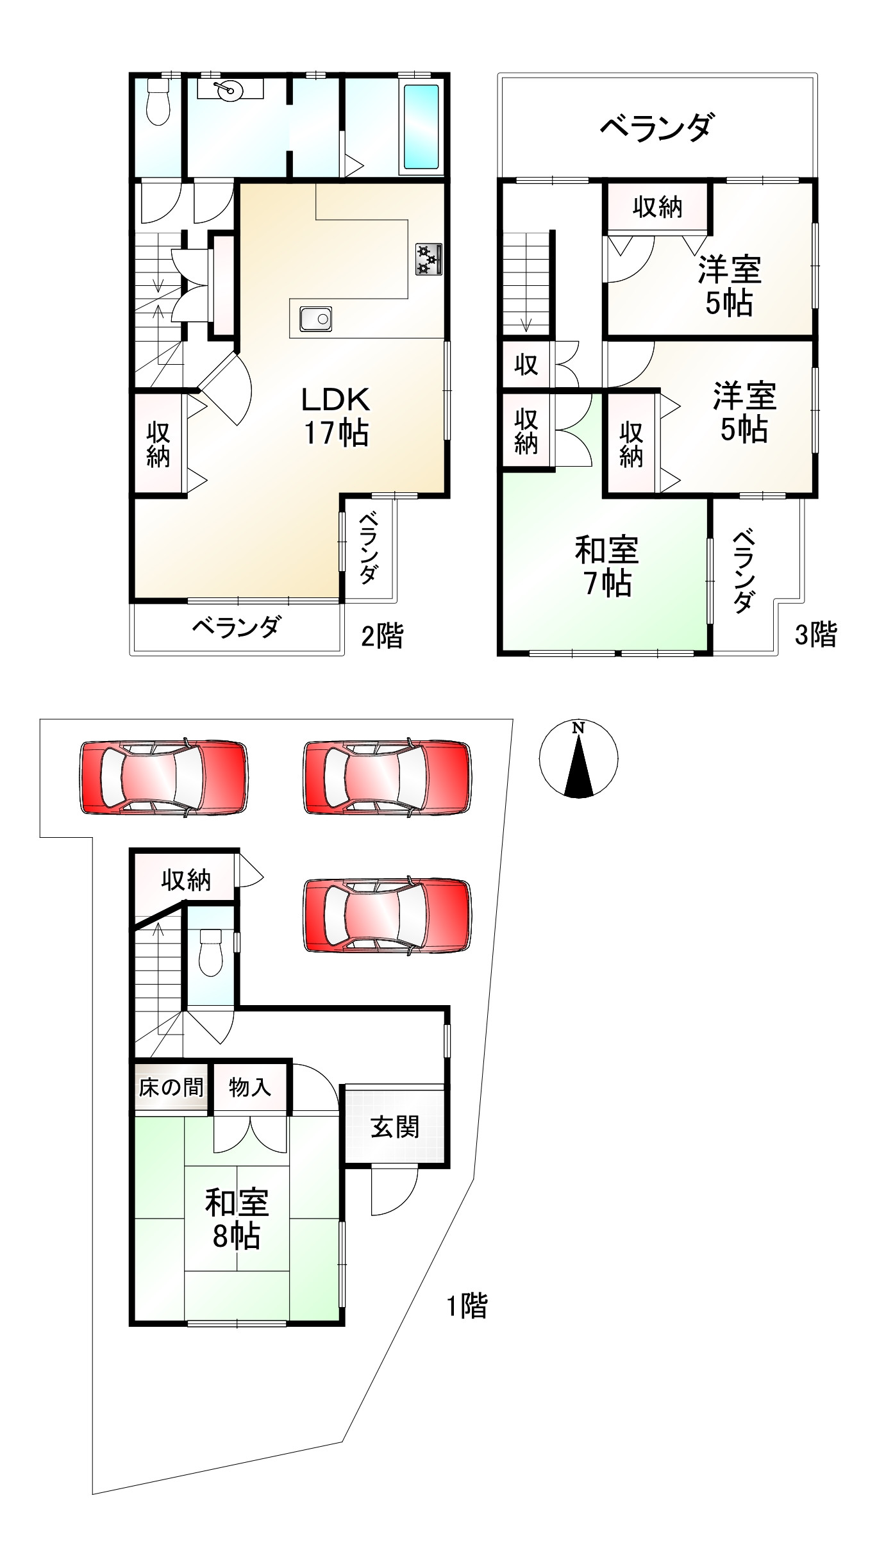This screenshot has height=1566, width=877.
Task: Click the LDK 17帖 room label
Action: tap(336, 417)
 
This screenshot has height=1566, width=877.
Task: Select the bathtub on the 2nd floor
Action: tap(421, 126)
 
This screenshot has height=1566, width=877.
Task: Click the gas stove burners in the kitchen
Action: tap(428, 259)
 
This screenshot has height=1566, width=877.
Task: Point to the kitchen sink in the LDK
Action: tap(315, 319)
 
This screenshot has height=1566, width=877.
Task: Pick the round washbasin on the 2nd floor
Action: tap(229, 90)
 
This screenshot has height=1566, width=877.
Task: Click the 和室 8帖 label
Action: tap(237, 1219)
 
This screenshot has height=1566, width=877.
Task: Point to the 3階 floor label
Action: tap(815, 635)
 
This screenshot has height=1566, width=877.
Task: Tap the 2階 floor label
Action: tap(382, 637)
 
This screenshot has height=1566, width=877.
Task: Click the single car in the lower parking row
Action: tap(387, 915)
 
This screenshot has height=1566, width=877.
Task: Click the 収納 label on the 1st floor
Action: tap(186, 880)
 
